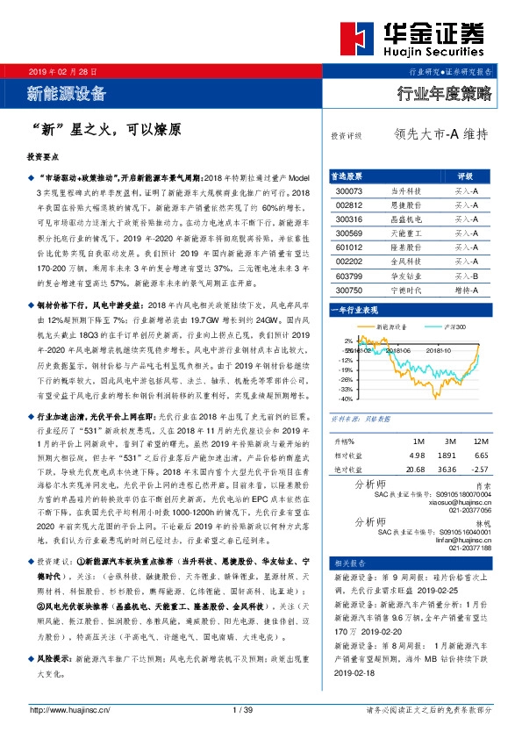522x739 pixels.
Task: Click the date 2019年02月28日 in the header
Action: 62,69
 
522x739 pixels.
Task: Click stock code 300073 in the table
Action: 348,190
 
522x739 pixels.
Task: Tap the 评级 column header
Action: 465,176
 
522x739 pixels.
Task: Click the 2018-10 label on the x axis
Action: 439,349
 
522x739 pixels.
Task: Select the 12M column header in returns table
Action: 479,441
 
